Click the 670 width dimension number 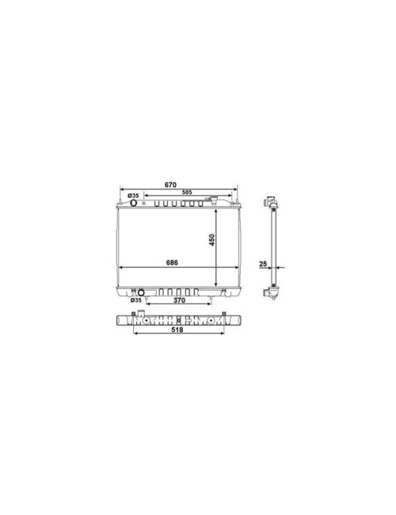[170, 185]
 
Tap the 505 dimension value [187, 193]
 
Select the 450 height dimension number [211, 240]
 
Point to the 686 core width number [172, 262]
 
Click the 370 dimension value [179, 299]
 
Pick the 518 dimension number [177, 330]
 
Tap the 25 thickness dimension [263, 264]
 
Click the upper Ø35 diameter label [133, 196]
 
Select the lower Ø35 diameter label [135, 299]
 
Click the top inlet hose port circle [134, 203]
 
